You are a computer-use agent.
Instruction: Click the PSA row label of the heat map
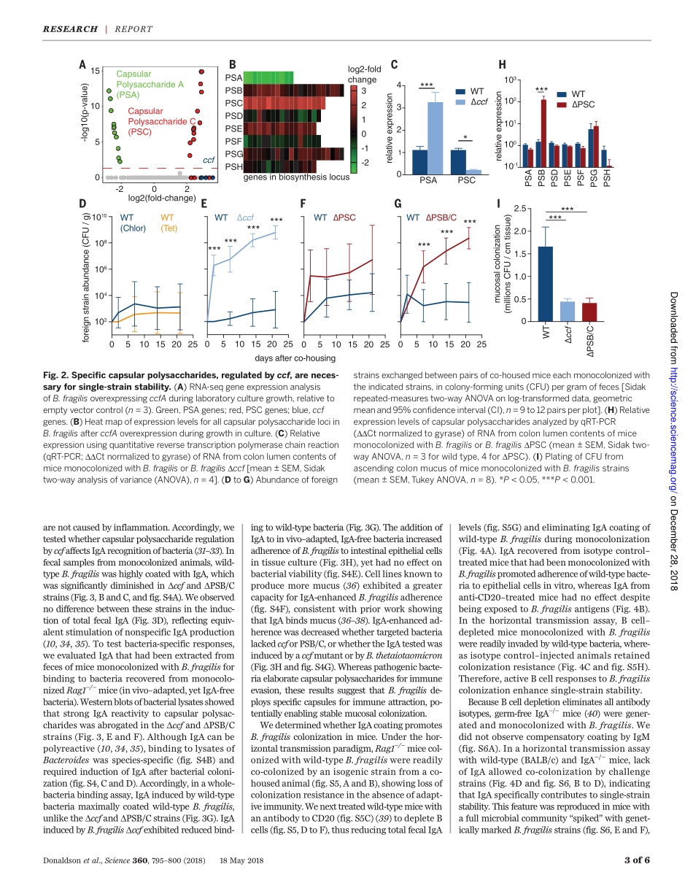233,77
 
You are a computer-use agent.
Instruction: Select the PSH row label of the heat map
233,166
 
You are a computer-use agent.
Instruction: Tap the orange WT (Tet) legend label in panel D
168,222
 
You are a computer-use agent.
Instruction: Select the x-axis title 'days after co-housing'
295,358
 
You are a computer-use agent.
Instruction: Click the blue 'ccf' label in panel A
208,160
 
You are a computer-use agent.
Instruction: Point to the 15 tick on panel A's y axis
96,71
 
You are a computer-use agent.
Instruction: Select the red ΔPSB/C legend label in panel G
441,217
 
